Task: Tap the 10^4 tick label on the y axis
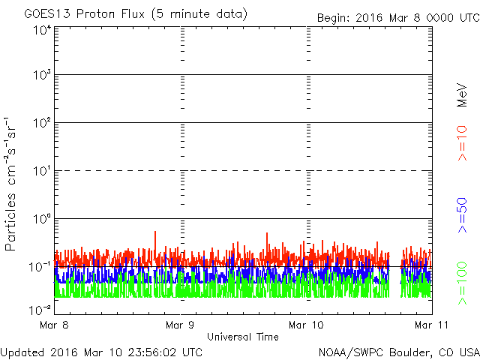tap(42, 30)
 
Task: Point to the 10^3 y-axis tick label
tap(42, 75)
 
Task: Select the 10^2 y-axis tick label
tap(42, 122)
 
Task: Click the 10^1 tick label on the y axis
tap(42, 170)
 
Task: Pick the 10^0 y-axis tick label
tap(42, 218)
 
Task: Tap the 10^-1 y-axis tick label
tap(40, 265)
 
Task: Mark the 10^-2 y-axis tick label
tap(40, 308)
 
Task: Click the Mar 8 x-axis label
tap(55, 325)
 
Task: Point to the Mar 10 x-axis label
tap(307, 325)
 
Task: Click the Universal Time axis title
tap(242, 337)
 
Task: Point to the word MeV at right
tap(462, 95)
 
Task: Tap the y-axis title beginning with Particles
tap(13, 183)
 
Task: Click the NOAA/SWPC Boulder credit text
tap(398, 352)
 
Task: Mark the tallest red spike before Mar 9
tap(155, 233)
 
